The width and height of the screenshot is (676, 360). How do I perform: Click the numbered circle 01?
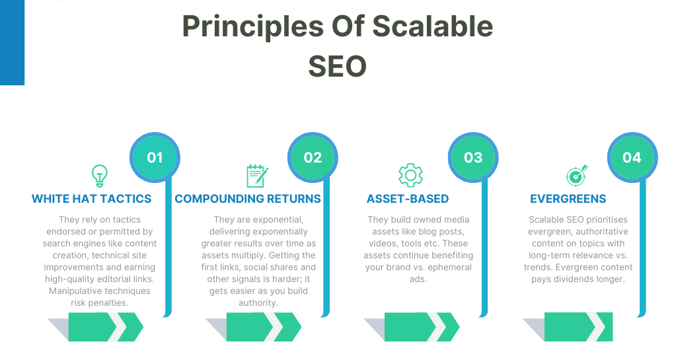pos(155,157)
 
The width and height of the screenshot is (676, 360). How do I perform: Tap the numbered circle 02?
pos(313,157)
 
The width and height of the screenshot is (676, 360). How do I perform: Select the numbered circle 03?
pos(473,157)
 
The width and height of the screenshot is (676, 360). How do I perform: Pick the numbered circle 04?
pos(632,157)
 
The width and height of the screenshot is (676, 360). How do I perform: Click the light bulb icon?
pos(98,175)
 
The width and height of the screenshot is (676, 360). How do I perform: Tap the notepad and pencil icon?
pos(256,175)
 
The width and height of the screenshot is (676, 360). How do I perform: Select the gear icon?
pos(410,175)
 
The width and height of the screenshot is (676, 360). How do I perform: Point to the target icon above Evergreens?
pos(575,176)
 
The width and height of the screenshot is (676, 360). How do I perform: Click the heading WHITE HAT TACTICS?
pos(92,199)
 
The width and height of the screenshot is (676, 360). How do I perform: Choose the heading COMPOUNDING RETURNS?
pos(248,199)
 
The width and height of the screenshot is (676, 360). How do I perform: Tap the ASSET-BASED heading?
pos(408,199)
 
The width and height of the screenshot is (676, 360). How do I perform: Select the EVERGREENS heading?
pos(568,199)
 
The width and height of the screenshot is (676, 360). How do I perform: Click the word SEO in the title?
pos(337,65)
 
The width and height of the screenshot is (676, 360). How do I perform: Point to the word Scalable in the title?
pos(433,26)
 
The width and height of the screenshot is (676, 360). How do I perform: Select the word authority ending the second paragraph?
pos(258,303)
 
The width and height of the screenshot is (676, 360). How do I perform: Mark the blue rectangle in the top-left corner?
pos(12,42)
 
